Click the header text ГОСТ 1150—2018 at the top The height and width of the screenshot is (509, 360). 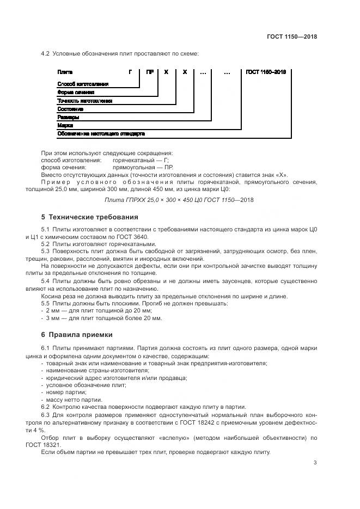[291, 37]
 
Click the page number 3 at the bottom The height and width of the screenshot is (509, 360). [315, 463]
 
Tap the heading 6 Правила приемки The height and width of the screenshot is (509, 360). [77, 334]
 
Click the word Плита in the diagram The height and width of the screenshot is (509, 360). [65, 72]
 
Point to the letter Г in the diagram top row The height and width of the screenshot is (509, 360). [130, 72]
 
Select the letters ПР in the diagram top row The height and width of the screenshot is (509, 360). [149, 72]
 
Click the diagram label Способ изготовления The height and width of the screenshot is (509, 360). [83, 84]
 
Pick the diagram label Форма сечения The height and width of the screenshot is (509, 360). [76, 93]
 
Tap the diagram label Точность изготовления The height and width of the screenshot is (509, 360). [84, 101]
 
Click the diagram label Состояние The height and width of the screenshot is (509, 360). [70, 109]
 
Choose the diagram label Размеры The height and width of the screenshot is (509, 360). [68, 117]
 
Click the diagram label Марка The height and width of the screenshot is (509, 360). [65, 125]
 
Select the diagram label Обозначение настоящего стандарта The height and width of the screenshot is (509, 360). [101, 133]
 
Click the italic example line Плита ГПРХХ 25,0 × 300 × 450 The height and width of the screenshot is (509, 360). [179, 200]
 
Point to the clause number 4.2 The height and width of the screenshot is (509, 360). [46, 53]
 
